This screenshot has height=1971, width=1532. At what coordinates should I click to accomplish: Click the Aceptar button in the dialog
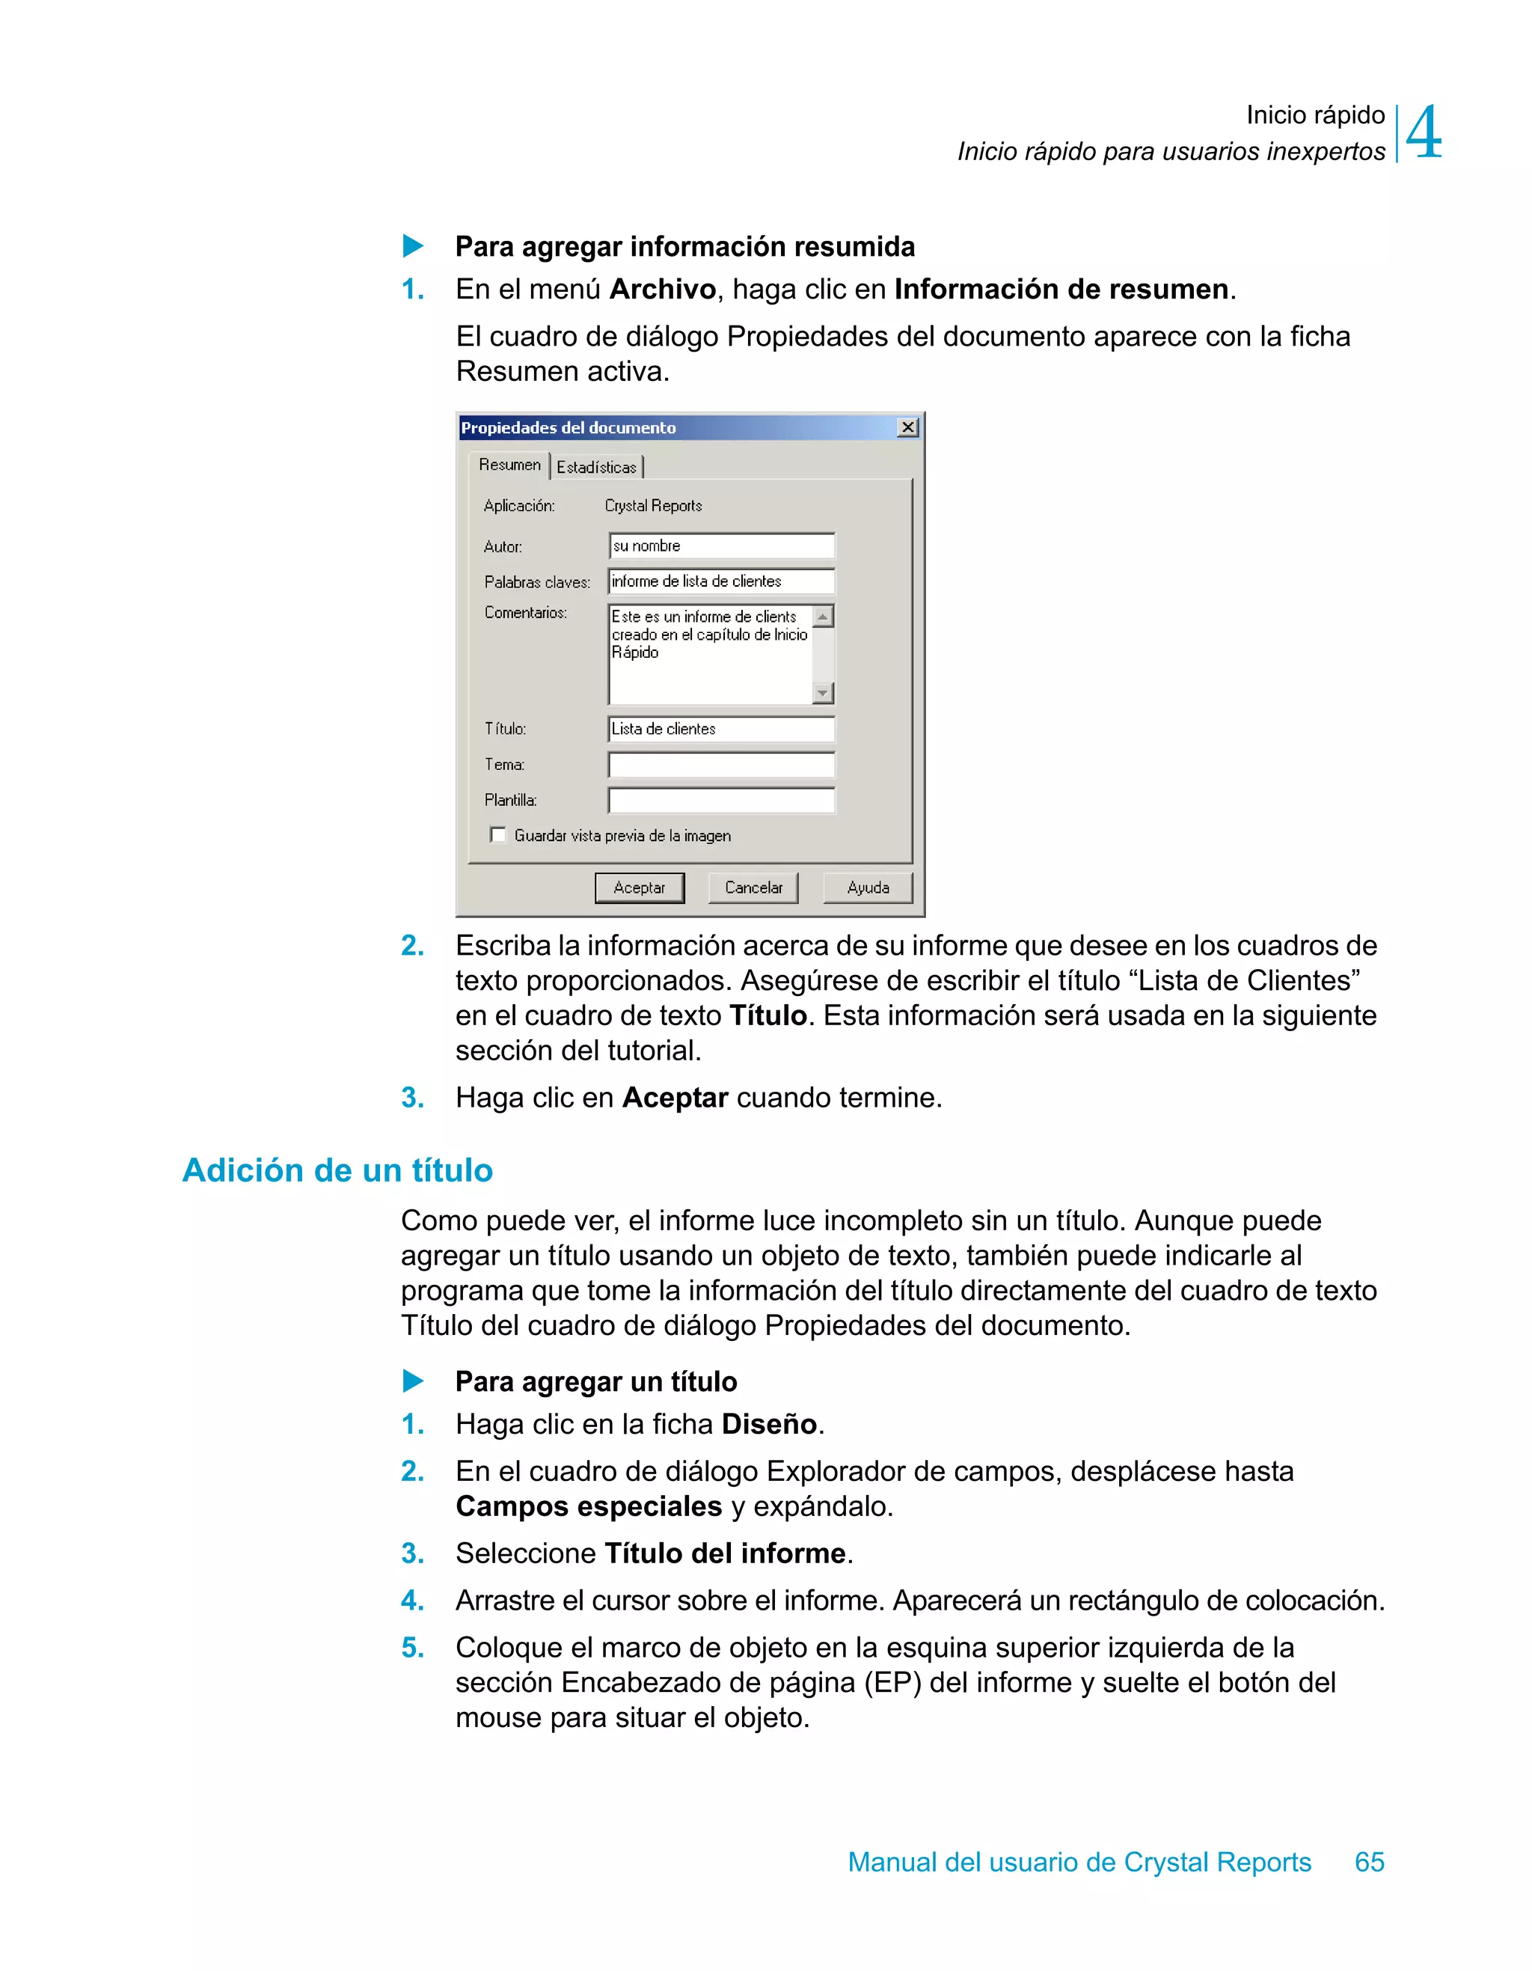point(639,887)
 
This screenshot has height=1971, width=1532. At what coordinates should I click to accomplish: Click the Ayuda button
point(867,887)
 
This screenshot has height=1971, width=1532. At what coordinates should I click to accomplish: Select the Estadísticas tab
point(596,467)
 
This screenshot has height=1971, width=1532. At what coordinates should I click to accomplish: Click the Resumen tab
point(509,465)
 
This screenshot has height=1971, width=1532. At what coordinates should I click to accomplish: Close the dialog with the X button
point(907,427)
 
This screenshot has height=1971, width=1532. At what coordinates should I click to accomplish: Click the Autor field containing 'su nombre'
point(721,546)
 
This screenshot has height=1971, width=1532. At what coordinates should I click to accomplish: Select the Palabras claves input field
point(721,581)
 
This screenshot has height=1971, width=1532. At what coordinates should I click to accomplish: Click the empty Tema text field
point(721,765)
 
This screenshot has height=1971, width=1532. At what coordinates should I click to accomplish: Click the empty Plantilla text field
point(721,800)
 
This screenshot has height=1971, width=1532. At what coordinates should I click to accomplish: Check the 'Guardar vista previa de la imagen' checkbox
point(498,835)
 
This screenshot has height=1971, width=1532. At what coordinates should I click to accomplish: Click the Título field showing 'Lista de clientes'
point(721,728)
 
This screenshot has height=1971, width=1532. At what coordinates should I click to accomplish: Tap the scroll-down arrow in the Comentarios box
point(822,693)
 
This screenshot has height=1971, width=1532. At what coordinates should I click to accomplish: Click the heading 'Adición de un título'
point(337,1170)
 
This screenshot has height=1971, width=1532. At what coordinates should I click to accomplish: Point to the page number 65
point(1369,1861)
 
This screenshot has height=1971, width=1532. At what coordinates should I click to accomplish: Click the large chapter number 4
point(1424,133)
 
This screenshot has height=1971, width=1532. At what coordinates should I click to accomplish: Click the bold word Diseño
point(769,1423)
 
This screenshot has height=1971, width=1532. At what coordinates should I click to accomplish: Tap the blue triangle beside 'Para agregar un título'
point(413,1381)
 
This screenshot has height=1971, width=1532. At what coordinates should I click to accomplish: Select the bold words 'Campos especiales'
point(588,1506)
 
